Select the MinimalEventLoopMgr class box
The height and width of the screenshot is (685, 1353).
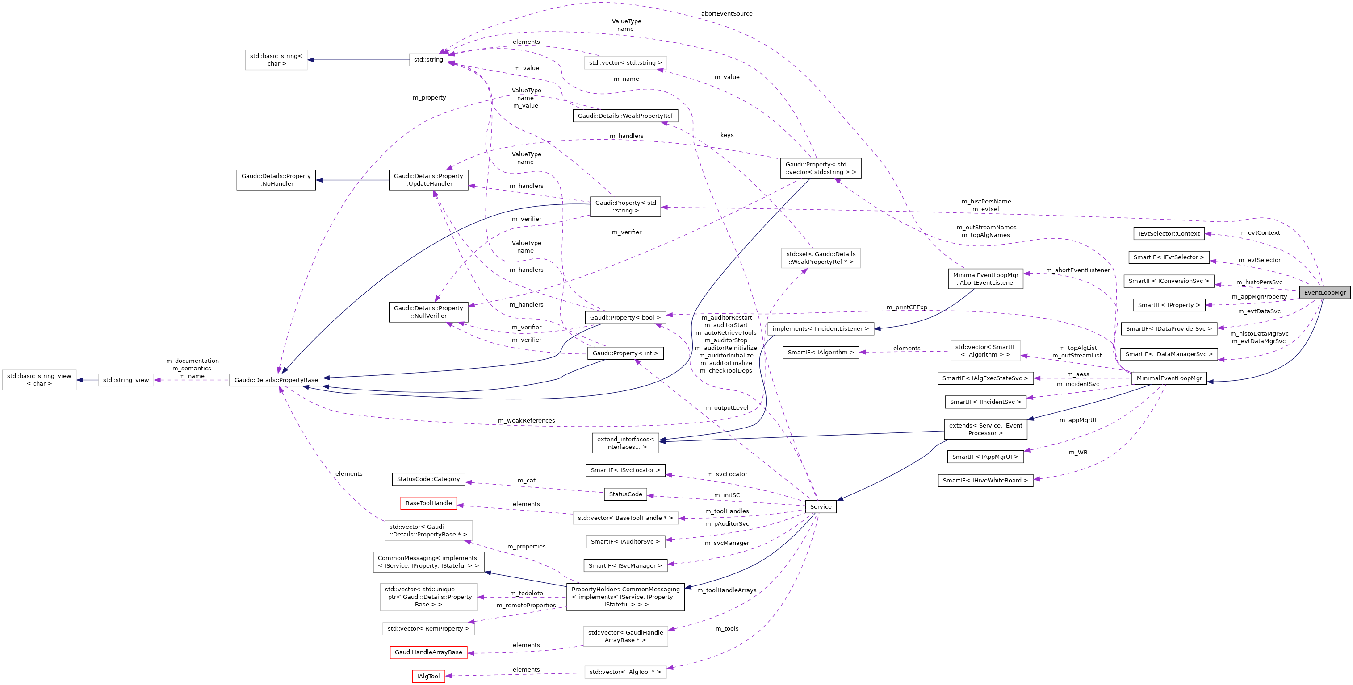click(x=1169, y=378)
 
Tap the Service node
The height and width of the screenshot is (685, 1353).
click(x=821, y=506)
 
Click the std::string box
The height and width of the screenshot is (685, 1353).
click(x=428, y=60)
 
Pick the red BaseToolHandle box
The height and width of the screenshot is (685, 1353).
click(x=428, y=503)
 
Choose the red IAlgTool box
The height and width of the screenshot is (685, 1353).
click(x=428, y=676)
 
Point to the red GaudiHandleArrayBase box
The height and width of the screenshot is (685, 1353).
click(x=428, y=652)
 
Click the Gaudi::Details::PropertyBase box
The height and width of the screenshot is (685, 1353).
click(x=276, y=380)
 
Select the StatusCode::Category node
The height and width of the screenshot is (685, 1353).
click(x=428, y=479)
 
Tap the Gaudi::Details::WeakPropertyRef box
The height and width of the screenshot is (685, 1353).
click(x=625, y=116)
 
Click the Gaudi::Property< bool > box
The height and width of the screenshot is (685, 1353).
click(x=625, y=318)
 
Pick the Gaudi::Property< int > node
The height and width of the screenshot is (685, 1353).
click(x=625, y=353)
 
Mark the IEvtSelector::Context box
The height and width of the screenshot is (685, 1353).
click(x=1169, y=233)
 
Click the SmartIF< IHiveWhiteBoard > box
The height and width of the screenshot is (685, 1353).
click(x=985, y=480)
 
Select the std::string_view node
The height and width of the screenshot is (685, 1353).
click(x=126, y=380)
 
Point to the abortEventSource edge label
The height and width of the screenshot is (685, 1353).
click(x=726, y=14)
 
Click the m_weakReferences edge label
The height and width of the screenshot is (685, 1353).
click(x=526, y=420)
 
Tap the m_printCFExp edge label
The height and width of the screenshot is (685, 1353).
click(x=907, y=307)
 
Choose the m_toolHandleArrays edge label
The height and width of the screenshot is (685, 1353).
click(x=726, y=590)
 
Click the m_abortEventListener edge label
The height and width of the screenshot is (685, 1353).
click(x=1078, y=270)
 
